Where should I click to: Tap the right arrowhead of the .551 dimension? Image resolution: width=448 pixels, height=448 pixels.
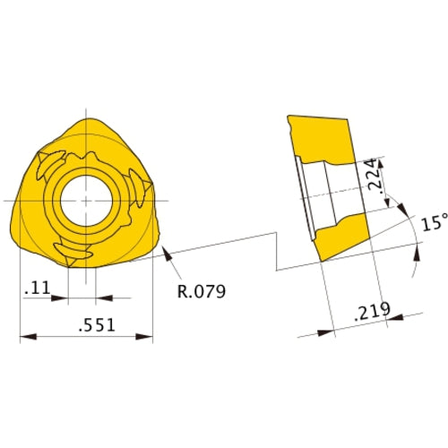coord(148,338)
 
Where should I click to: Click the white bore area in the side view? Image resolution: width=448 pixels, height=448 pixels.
coord(332,193)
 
